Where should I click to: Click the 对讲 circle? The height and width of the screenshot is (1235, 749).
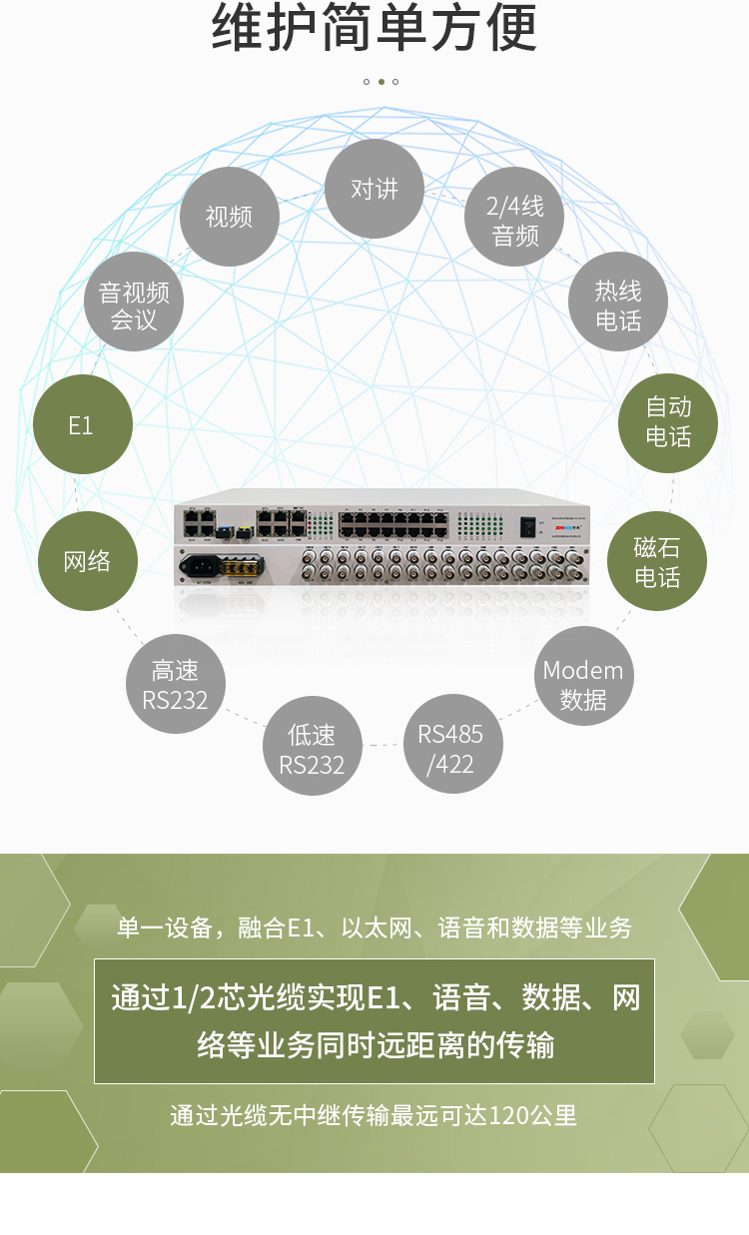pos(374,189)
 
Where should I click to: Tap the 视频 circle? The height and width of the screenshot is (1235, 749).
pos(229,216)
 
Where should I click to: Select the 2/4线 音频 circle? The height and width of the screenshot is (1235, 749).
pos(515,221)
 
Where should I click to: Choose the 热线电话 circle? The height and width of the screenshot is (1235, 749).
pos(618,305)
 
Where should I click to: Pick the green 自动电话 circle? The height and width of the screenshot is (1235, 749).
pos(668,421)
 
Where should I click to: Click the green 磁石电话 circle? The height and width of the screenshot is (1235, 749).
pos(657,561)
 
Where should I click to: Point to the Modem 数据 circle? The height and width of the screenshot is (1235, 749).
pos(583,684)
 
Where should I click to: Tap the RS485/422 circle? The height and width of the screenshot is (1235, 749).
pos(451,749)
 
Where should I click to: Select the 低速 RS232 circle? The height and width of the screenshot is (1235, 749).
pos(312,749)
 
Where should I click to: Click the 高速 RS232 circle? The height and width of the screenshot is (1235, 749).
pos(175,684)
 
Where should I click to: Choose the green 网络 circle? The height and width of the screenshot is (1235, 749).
pos(87,561)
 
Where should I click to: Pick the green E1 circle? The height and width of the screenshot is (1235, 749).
pos(81,425)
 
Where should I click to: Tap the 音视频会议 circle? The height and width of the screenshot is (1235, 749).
pos(134,305)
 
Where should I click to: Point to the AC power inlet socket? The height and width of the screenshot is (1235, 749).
pos(198,567)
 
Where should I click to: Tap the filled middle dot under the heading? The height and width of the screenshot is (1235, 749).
pos(380,82)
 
